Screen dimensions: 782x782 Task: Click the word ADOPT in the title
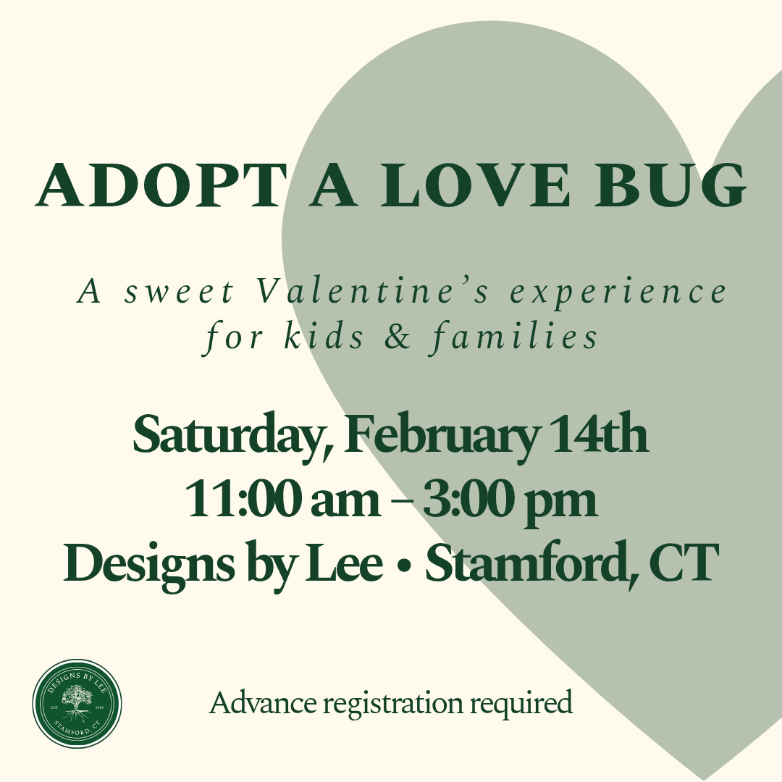[160, 185]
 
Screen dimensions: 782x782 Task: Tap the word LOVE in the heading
[474, 185]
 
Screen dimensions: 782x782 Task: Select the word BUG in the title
[670, 185]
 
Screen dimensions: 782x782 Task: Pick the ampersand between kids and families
[398, 336]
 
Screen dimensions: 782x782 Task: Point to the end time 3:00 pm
[510, 501]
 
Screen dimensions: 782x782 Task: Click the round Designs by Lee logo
[77, 703]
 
